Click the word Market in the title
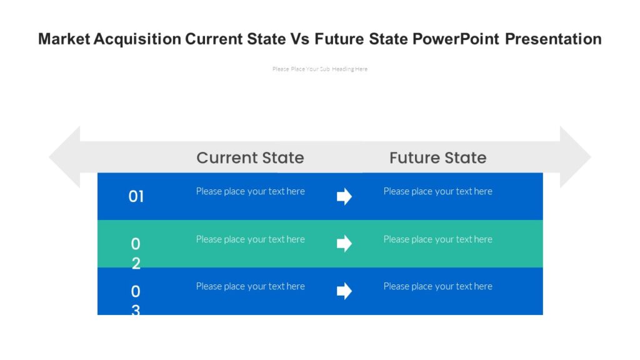(64, 39)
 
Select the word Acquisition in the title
(137, 39)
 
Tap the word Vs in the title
(299, 39)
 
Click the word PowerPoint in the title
(456, 39)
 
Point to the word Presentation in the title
(553, 39)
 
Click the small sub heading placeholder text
(320, 69)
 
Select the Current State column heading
(250, 157)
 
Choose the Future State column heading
(437, 157)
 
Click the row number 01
(136, 197)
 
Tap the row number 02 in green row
(136, 253)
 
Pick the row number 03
(136, 300)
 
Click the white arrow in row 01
(344, 197)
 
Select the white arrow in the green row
(344, 244)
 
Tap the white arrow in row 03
(344, 291)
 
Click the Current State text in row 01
(250, 191)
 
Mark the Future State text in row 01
(437, 191)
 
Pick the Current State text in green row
(250, 239)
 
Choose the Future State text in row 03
(437, 286)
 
